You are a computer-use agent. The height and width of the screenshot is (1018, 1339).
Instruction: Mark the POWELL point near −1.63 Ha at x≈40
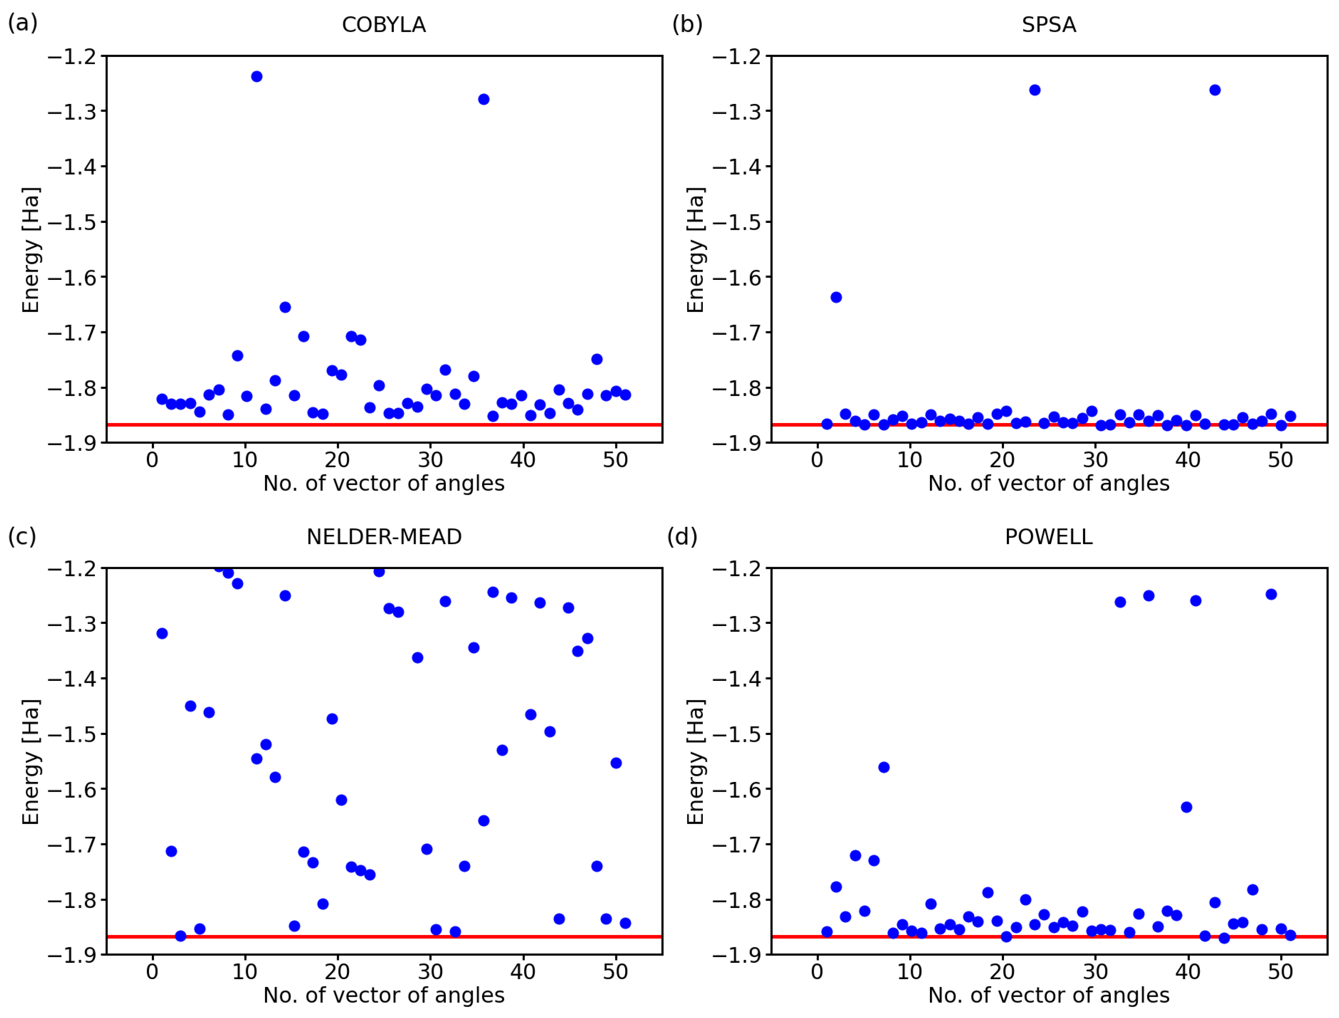tap(1186, 807)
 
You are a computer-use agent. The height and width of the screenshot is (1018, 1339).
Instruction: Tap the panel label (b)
tap(686, 24)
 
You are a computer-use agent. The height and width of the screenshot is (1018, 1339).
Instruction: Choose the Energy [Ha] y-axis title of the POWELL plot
tap(695, 762)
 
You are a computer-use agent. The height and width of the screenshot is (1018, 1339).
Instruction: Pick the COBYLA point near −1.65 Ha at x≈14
tap(285, 307)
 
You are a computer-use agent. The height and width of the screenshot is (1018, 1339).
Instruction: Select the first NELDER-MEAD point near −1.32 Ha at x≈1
tap(162, 634)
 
